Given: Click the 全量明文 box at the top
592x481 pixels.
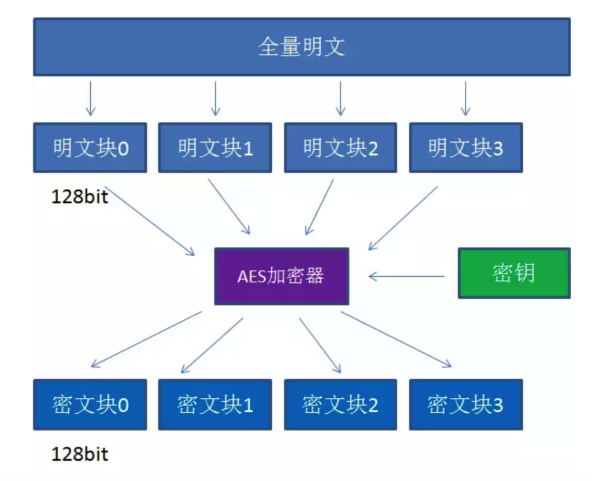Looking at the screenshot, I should pyautogui.click(x=301, y=47).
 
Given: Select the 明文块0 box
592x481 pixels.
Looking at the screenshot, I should pyautogui.click(x=90, y=147).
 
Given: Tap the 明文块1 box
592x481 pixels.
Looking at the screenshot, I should pyautogui.click(x=215, y=147).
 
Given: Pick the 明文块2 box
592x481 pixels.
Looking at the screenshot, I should pyautogui.click(x=340, y=147).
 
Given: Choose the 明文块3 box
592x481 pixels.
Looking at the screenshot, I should pyautogui.click(x=465, y=147).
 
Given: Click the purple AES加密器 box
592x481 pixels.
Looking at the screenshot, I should pyautogui.click(x=282, y=276).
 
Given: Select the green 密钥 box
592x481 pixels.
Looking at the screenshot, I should pyautogui.click(x=514, y=273).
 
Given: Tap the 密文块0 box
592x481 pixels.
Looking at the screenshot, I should pyautogui.click(x=90, y=404).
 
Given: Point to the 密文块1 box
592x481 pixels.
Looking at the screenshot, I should pyautogui.click(x=215, y=404).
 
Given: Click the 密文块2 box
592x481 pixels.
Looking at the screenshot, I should pyautogui.click(x=340, y=404).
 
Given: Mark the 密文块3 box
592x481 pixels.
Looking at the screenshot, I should pyautogui.click(x=465, y=404).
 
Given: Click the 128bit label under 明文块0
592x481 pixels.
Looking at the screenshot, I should pyautogui.click(x=80, y=197).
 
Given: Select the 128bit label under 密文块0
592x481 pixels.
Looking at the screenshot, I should pyautogui.click(x=80, y=454).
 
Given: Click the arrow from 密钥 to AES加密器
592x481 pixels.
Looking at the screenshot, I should pyautogui.click(x=407, y=276).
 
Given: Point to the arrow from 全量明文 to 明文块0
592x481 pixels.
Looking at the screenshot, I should pyautogui.click(x=90, y=98).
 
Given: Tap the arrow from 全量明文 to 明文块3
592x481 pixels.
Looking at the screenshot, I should pyautogui.click(x=465, y=98).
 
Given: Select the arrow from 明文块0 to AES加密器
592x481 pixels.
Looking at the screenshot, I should pyautogui.click(x=150, y=220).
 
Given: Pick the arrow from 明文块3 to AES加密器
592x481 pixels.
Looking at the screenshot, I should pyautogui.click(x=403, y=218).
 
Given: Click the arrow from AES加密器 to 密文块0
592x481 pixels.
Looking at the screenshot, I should pyautogui.click(x=146, y=339).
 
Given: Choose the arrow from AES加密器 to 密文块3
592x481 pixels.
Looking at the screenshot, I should pyautogui.click(x=396, y=339).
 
